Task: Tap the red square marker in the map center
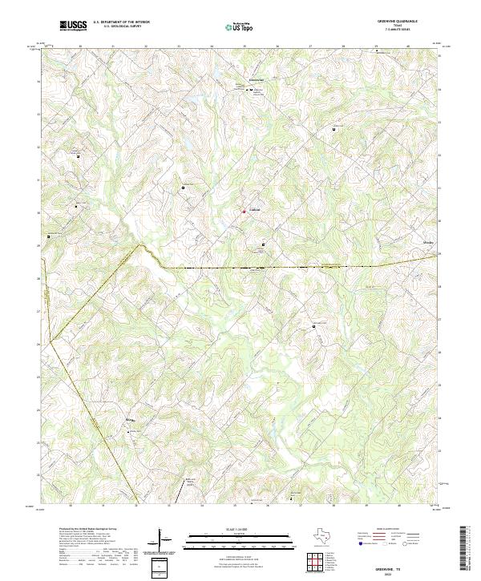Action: [x=245, y=212]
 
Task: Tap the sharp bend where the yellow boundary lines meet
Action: [x=49, y=343]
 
